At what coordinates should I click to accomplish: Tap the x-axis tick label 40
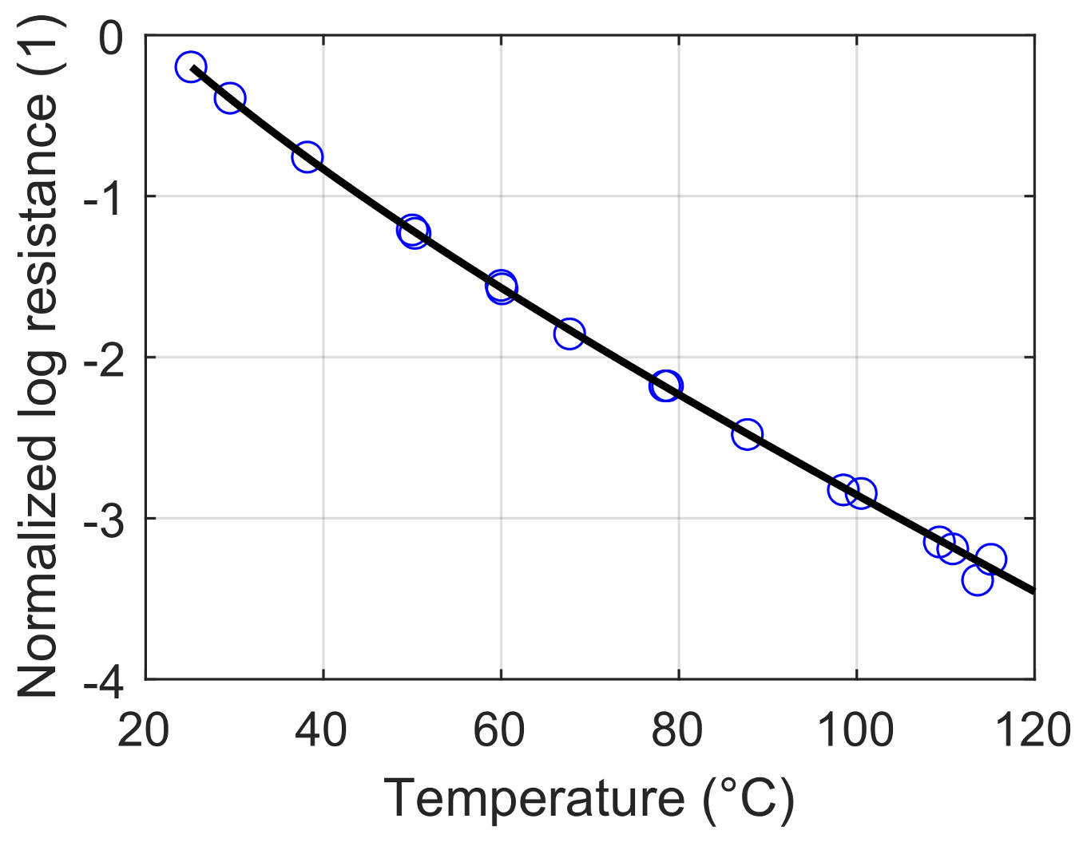[321, 729]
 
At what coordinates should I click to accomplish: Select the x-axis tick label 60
[499, 729]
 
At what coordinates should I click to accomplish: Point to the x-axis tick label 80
[677, 729]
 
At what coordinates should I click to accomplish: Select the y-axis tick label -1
[103, 197]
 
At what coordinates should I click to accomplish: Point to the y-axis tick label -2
[103, 358]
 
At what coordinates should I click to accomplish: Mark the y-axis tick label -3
[103, 520]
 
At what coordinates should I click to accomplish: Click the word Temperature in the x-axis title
[534, 798]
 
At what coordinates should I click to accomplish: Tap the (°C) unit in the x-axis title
[749, 798]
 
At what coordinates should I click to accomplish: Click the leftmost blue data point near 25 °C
[190, 67]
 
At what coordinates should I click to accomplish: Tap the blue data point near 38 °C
[307, 156]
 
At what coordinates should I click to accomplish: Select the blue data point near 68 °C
[569, 333]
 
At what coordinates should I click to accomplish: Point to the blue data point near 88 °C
[747, 434]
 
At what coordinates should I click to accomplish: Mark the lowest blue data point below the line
[977, 579]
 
